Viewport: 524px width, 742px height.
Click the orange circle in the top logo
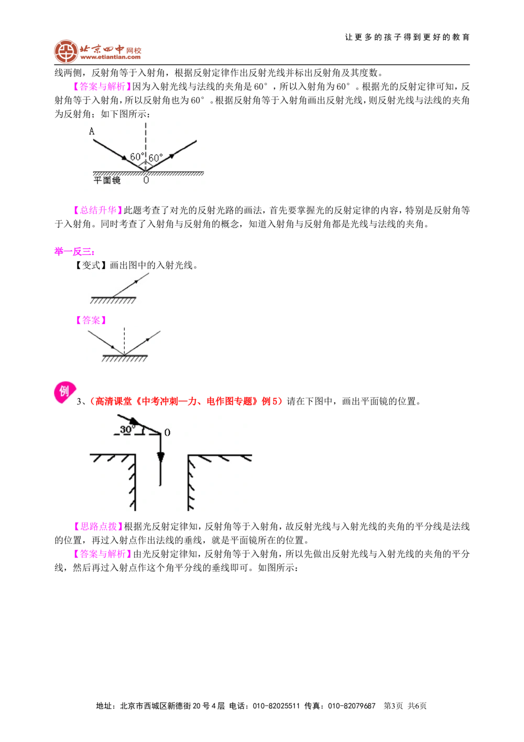pos(65,51)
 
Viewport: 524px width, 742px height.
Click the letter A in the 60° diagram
pos(92,132)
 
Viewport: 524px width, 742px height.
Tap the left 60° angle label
pos(136,157)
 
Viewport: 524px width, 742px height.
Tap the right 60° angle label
pos(156,158)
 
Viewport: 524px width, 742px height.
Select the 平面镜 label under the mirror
pos(107,180)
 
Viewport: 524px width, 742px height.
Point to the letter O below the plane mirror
pos(146,180)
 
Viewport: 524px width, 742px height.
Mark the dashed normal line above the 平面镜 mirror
pos(146,136)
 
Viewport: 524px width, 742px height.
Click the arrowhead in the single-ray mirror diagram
pos(136,282)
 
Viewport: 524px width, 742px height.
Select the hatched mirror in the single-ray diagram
pos(113,300)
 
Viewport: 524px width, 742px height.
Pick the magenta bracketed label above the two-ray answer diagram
pos(91,320)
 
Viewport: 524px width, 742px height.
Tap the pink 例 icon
pos(64,391)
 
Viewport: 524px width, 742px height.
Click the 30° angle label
pos(127,429)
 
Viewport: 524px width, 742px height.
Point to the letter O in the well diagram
pos(167,433)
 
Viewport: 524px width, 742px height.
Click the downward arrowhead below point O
pos(160,457)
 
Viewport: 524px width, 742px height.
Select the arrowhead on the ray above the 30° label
pos(135,421)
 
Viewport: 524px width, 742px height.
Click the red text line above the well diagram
pos(186,401)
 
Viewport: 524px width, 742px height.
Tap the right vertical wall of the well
pos(189,482)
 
